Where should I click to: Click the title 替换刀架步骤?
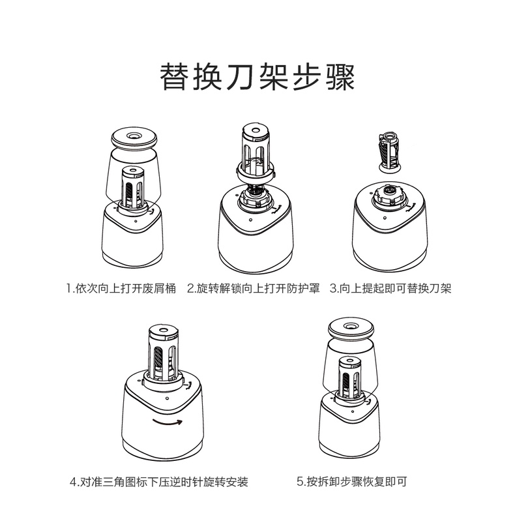[257, 78]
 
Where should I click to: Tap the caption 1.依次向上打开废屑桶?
[121, 287]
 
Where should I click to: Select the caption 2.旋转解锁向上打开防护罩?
[254, 287]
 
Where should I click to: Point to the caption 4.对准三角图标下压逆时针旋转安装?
[159, 482]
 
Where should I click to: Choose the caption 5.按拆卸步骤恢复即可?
[351, 482]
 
